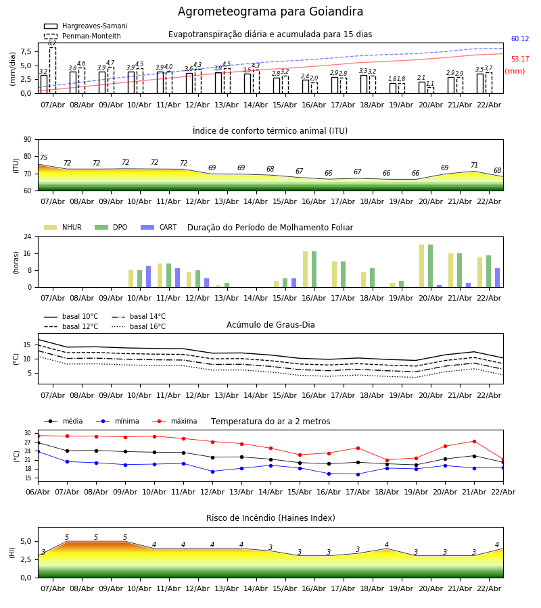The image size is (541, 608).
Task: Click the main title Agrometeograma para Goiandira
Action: (x=270, y=12)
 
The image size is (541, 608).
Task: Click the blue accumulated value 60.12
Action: (x=520, y=39)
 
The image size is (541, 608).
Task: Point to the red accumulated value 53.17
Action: (x=520, y=59)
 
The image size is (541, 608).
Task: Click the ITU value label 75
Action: (x=43, y=158)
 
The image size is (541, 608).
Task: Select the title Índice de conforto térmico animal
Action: (x=270, y=131)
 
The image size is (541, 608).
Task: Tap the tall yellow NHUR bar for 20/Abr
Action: (x=422, y=265)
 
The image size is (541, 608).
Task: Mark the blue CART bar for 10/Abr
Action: (x=149, y=276)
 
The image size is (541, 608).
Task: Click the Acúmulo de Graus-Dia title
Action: (x=270, y=325)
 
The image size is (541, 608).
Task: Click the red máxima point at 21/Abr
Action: (x=474, y=441)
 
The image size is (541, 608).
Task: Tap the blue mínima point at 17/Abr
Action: (x=358, y=474)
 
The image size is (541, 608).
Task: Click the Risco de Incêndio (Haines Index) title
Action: (x=270, y=518)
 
